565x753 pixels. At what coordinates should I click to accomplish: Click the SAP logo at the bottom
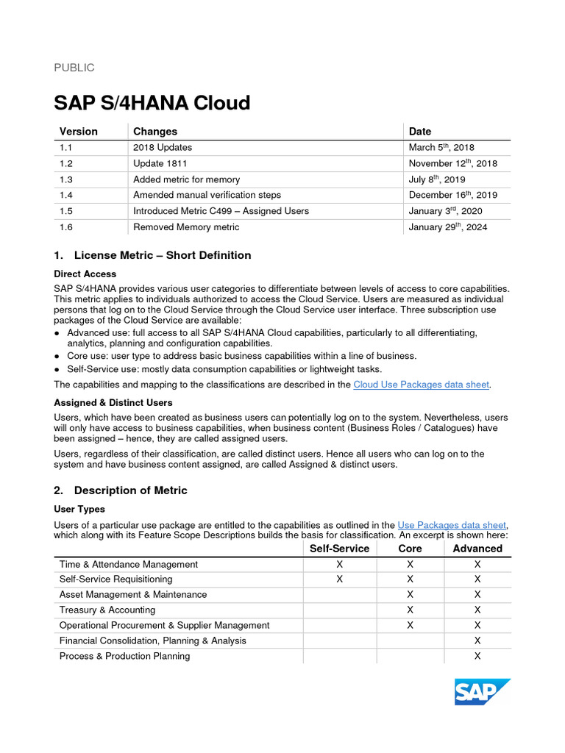click(482, 692)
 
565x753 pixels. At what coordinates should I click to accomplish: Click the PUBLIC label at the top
click(74, 68)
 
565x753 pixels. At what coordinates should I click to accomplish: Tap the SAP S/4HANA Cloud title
click(152, 103)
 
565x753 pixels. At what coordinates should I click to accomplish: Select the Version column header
click(79, 131)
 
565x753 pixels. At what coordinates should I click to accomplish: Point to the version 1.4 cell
click(66, 195)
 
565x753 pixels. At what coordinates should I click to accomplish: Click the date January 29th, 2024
click(447, 227)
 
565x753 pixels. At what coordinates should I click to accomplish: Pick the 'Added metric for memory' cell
click(186, 179)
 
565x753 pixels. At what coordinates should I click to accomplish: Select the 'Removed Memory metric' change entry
click(186, 227)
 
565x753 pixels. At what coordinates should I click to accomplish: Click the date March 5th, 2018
click(441, 147)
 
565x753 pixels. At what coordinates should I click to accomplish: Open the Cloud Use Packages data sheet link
click(421, 385)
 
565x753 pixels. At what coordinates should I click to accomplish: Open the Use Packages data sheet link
click(452, 525)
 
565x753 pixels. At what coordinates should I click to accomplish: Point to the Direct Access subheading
click(85, 274)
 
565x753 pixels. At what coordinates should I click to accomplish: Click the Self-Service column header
click(339, 549)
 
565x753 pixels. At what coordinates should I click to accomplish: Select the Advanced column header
click(477, 549)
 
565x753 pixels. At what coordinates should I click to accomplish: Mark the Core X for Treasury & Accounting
click(410, 610)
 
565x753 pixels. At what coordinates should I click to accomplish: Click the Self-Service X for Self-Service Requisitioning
click(339, 579)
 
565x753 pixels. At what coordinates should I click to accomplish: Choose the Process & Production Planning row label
click(124, 656)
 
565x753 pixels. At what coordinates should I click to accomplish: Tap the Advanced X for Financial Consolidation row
click(477, 640)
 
